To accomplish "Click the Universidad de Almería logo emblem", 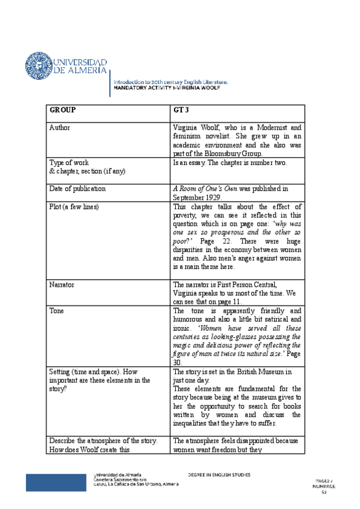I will [39, 66].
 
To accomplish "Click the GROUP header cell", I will [62, 110].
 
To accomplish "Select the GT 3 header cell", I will [182, 110].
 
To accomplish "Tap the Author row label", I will [61, 128].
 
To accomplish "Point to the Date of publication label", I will [77, 188].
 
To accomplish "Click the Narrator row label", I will [62, 285].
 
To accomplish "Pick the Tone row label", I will [58, 311].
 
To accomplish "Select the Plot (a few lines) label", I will [74, 206].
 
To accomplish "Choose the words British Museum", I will [255, 372].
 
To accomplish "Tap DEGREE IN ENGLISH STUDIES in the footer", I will [219, 475].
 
